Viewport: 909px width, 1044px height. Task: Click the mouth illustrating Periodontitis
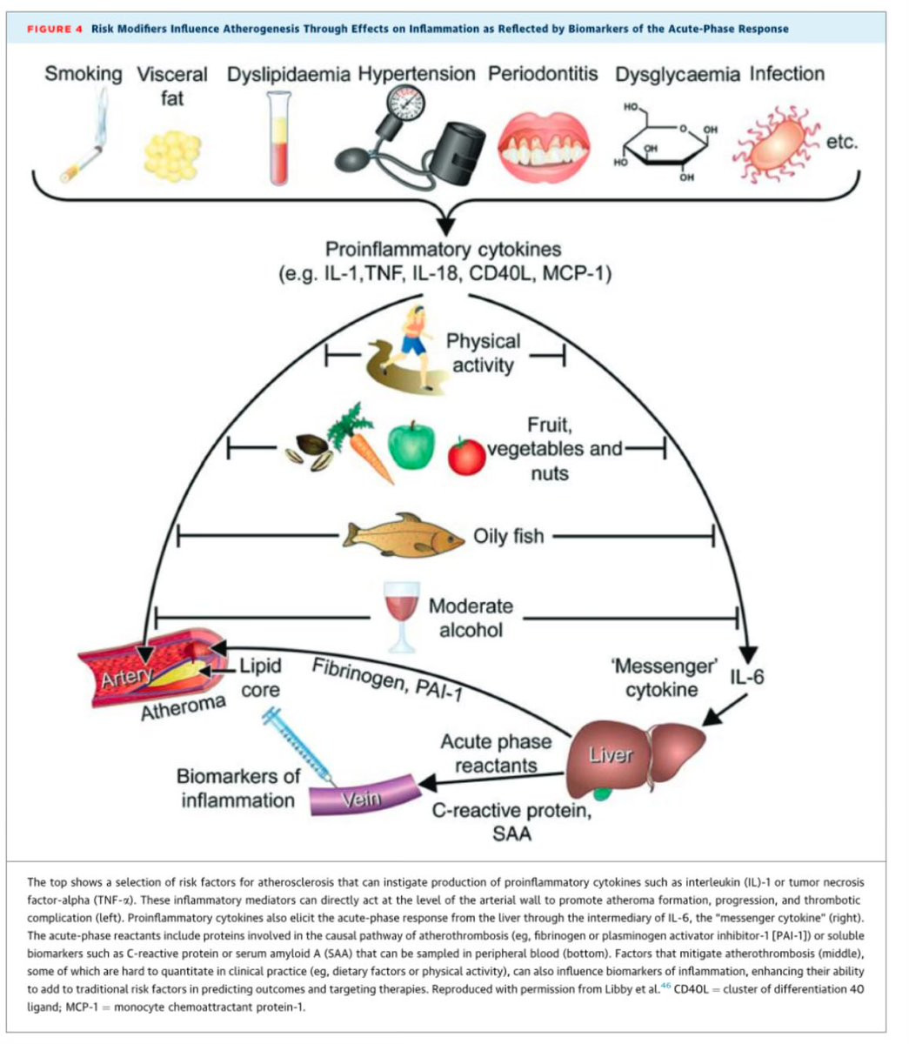[544, 140]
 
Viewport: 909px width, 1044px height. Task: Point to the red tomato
[466, 455]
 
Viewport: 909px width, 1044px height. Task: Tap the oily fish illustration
[404, 533]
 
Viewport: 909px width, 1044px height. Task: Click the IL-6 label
[746, 676]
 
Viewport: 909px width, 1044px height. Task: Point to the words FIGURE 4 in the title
[54, 29]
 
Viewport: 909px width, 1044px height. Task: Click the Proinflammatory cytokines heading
[444, 250]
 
